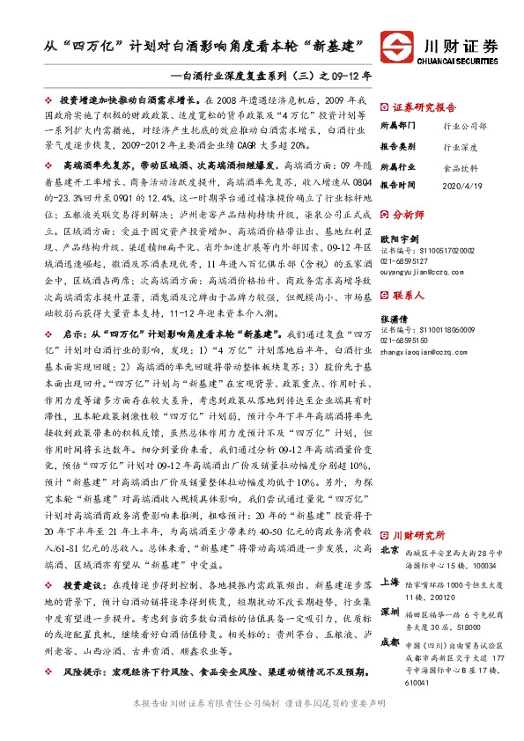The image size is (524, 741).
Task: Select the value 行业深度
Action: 460,146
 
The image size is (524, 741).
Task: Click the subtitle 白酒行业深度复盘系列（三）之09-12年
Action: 278,75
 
